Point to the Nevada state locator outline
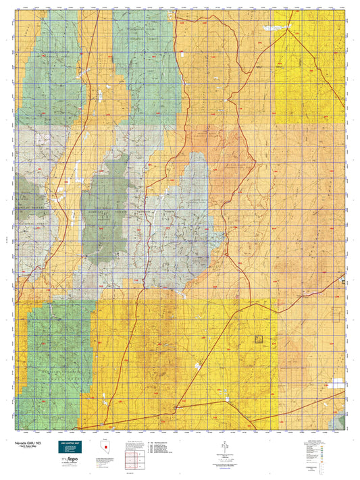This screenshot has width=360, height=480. pos(103,448)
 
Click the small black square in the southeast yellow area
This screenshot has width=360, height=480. pos(257,340)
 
